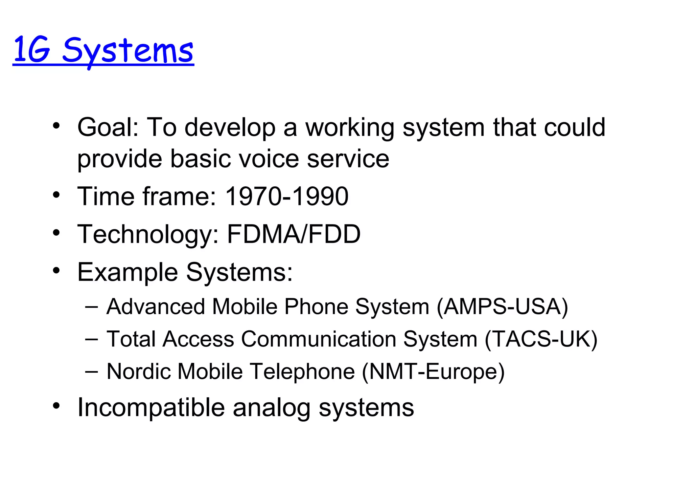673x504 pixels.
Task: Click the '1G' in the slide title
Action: (32, 50)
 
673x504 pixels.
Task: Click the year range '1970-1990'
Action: (287, 196)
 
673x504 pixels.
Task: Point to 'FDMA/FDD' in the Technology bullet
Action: (294, 234)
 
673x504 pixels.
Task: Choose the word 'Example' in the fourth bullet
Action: (128, 272)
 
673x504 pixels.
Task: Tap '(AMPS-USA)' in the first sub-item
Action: (502, 307)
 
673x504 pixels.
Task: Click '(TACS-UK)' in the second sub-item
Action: (541, 339)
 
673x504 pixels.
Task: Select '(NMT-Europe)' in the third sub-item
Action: (433, 372)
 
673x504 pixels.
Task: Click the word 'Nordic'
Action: (138, 371)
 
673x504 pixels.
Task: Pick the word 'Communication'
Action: (318, 339)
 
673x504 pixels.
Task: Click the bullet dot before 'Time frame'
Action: (57, 195)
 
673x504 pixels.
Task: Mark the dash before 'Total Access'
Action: (91, 339)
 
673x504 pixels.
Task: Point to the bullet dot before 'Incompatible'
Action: (57, 406)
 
